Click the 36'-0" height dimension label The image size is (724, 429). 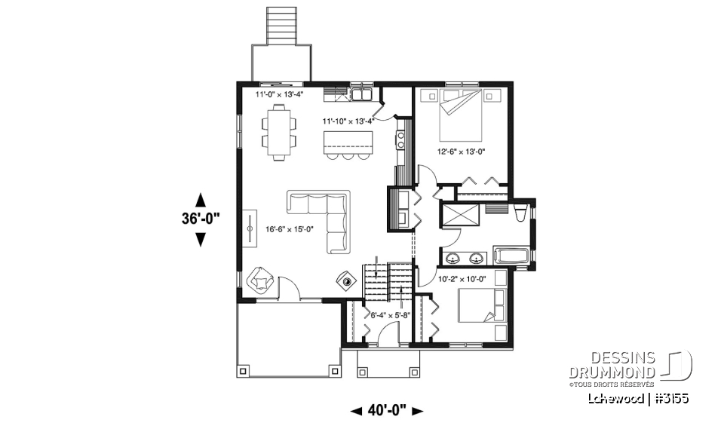pyautogui.click(x=201, y=219)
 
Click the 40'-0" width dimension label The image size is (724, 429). pyautogui.click(x=387, y=411)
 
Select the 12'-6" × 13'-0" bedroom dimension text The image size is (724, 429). pyautogui.click(x=461, y=151)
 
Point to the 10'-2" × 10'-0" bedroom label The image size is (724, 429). pyautogui.click(x=462, y=278)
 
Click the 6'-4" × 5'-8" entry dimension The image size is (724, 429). pyautogui.click(x=388, y=315)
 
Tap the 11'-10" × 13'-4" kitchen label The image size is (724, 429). pyautogui.click(x=348, y=120)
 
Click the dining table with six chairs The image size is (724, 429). pyautogui.click(x=278, y=132)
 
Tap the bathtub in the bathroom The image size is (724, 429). pyautogui.click(x=513, y=255)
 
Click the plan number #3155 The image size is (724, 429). pyautogui.click(x=670, y=397)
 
